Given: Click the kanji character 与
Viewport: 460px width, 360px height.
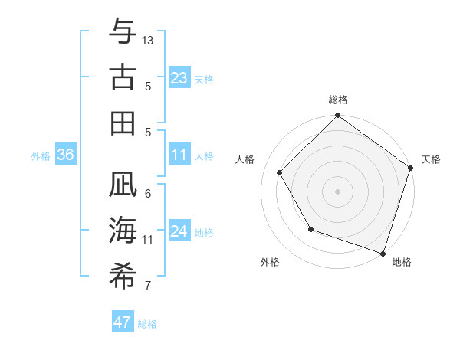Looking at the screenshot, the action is (x=123, y=33).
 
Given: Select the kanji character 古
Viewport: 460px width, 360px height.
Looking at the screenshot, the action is (x=123, y=77).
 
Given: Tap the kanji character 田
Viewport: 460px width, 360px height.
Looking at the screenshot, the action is (x=123, y=123).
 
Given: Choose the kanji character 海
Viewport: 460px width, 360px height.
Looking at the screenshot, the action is (x=123, y=231).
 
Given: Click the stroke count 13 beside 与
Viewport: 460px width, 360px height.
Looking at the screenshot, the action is (x=148, y=39).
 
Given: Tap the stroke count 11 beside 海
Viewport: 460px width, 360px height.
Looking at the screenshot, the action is (x=148, y=239).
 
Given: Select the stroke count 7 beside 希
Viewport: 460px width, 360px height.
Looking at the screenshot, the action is (x=148, y=286).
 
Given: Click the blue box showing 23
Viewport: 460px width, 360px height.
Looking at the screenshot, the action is (x=179, y=78).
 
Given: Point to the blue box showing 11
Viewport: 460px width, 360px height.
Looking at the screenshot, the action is (x=179, y=155).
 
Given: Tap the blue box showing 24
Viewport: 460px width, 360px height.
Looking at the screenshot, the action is (x=179, y=231).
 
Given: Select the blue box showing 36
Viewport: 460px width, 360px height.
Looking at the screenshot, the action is (x=65, y=155).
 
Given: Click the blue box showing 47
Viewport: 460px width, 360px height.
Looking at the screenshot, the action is (x=123, y=322).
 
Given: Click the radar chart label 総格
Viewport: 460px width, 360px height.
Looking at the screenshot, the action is (x=338, y=100).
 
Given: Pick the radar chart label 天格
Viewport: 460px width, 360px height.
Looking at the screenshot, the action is (x=432, y=159).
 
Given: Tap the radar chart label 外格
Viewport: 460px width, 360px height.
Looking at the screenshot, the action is (x=270, y=262).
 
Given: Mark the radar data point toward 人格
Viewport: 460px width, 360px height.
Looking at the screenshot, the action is (x=280, y=172).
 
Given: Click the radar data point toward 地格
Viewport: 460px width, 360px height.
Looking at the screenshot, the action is (x=383, y=253).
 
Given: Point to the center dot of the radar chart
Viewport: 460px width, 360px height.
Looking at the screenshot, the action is (x=338, y=191).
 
